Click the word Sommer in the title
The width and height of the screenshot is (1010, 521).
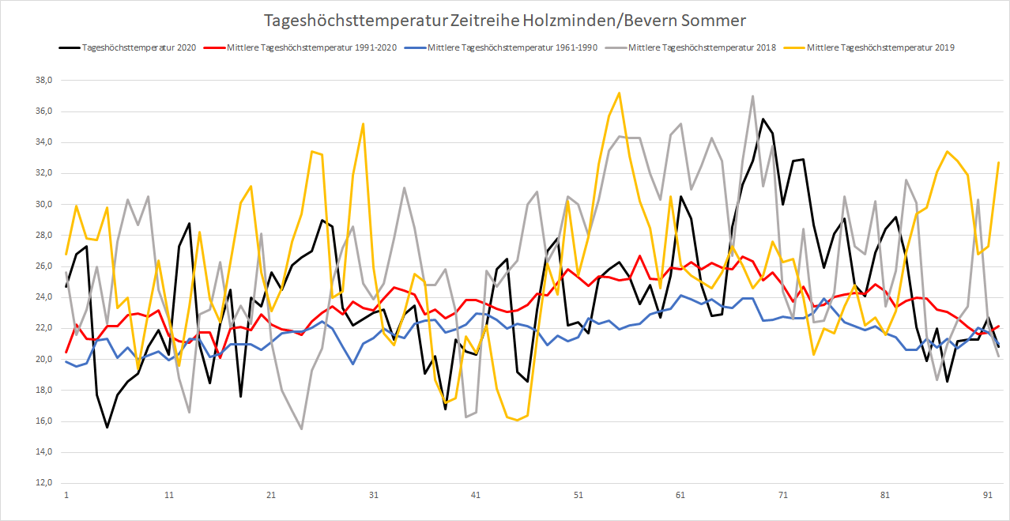717,19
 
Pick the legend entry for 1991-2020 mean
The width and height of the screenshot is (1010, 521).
324,47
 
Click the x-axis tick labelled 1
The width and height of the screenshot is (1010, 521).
66,496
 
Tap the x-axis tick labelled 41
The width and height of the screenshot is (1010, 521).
476,496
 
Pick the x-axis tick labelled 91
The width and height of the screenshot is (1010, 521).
988,496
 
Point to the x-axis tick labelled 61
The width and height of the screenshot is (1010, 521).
680,496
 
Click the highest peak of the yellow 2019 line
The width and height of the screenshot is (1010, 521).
619,93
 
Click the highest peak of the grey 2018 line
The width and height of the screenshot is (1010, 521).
752,96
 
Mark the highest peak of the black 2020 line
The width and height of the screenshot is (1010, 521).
763,119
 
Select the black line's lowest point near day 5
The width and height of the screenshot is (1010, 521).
107,427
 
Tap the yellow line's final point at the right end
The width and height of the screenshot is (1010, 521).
998,162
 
